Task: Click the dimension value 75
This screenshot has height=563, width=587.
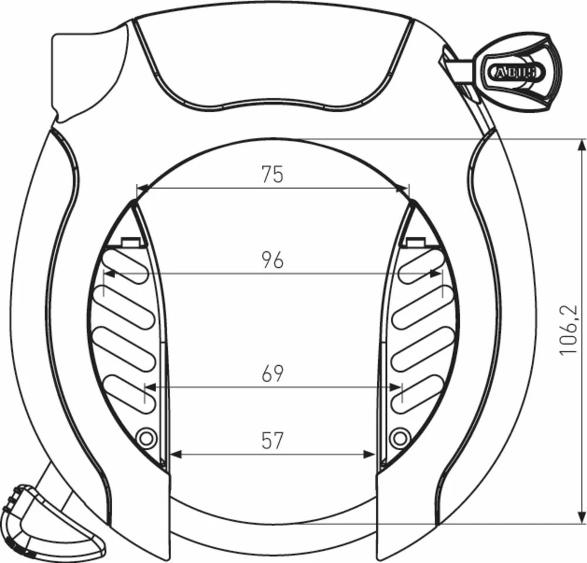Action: click(272, 174)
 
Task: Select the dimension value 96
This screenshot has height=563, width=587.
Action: click(272, 259)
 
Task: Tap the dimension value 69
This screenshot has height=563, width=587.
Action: click(272, 373)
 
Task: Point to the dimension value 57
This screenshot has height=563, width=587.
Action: click(272, 440)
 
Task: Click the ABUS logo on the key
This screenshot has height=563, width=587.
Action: click(512, 72)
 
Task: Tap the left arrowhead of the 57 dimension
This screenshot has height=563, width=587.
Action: click(174, 454)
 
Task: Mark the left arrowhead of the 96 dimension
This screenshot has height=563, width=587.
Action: click(109, 273)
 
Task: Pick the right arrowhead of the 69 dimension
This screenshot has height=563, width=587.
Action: click(397, 387)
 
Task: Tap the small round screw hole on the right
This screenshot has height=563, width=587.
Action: click(400, 437)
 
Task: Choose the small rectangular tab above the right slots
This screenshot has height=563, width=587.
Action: click(414, 241)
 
